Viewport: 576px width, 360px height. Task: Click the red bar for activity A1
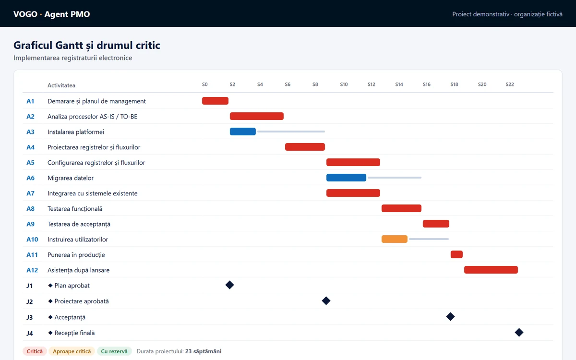pos(215,101)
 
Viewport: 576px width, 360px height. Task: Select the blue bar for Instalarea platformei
pos(243,132)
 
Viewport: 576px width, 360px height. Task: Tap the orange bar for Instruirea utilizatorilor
pos(395,239)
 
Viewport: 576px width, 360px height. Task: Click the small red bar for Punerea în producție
pos(456,254)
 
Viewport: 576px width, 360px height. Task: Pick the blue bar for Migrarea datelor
pos(346,178)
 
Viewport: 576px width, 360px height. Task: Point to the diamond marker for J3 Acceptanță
pos(450,316)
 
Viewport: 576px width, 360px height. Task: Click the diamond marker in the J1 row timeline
pos(229,285)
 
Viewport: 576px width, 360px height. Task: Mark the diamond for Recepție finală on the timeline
pos(519,333)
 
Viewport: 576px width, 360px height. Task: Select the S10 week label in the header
pos(344,84)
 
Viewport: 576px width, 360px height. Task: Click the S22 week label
pos(510,84)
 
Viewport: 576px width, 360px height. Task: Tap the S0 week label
pos(204,84)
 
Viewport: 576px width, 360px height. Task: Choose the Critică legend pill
pos(35,351)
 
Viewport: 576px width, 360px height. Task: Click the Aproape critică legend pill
pos(72,351)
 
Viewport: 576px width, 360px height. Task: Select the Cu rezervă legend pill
pos(114,351)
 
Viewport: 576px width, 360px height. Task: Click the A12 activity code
pos(32,270)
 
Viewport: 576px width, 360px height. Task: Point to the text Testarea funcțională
pos(75,208)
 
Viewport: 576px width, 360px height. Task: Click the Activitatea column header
pos(61,85)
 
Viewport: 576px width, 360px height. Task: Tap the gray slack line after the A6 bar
pos(395,178)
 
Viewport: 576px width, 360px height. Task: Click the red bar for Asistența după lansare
pos(491,270)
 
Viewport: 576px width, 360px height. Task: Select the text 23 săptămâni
pos(203,351)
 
